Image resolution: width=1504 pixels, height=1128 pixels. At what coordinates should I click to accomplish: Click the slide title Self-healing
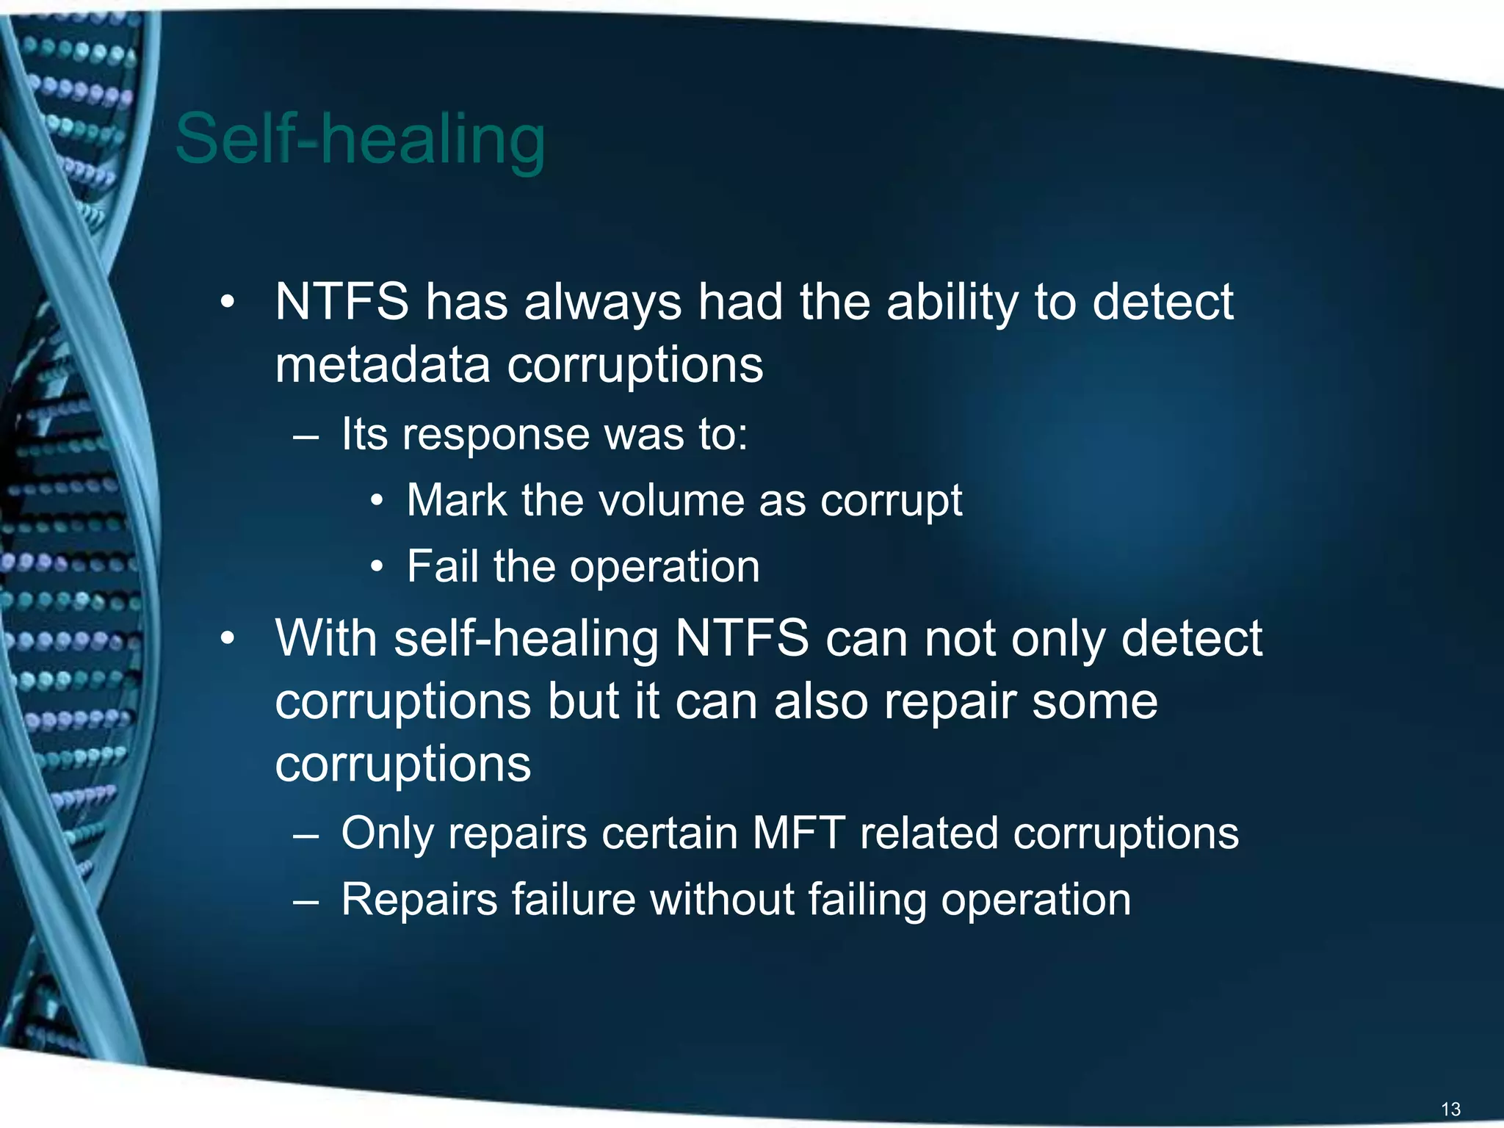click(360, 140)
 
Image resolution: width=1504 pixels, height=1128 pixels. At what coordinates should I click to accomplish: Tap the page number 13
click(1450, 1109)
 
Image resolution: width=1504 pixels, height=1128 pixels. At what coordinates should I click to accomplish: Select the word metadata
click(382, 365)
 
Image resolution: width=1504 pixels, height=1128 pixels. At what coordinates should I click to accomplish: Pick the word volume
click(672, 501)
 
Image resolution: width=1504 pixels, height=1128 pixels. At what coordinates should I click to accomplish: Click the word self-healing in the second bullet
click(526, 639)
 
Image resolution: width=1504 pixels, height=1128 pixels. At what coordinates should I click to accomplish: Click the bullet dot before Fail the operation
click(377, 567)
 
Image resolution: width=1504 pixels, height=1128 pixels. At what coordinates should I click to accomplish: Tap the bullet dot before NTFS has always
click(228, 303)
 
